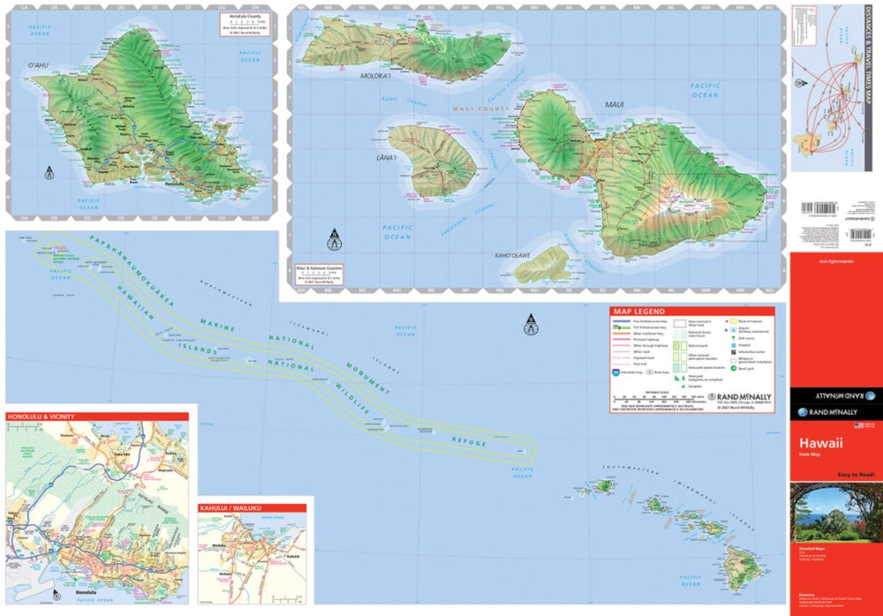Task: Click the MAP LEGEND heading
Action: (x=638, y=312)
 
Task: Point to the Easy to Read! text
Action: (x=855, y=474)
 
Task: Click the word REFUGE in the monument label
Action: (x=470, y=439)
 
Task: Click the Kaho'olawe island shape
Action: (x=541, y=264)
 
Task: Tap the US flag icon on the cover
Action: (x=857, y=425)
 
